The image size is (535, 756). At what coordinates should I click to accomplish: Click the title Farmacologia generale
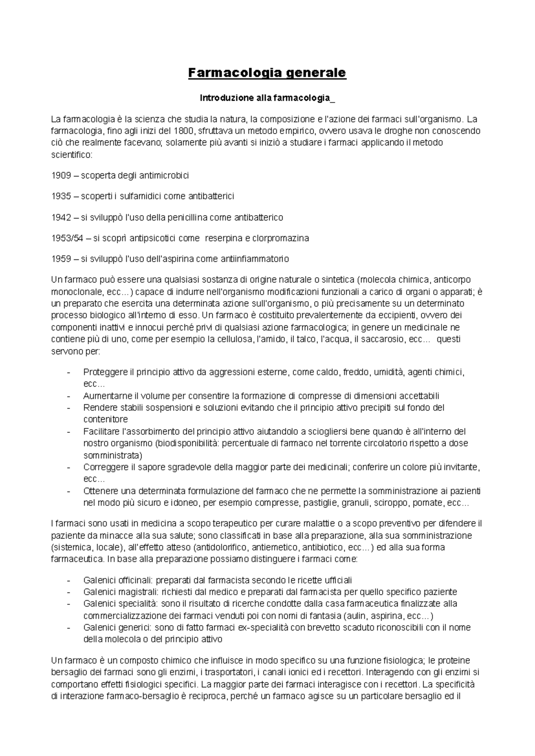[x=267, y=73]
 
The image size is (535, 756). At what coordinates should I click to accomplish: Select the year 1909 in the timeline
[x=61, y=176]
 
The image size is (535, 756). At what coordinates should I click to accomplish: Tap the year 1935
[x=61, y=196]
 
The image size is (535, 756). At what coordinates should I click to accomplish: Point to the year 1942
[x=61, y=218]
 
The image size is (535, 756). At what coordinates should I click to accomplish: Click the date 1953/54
[x=67, y=238]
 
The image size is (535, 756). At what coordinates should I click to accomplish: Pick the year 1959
[x=61, y=259]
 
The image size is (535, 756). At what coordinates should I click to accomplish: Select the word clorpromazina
[x=280, y=238]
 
